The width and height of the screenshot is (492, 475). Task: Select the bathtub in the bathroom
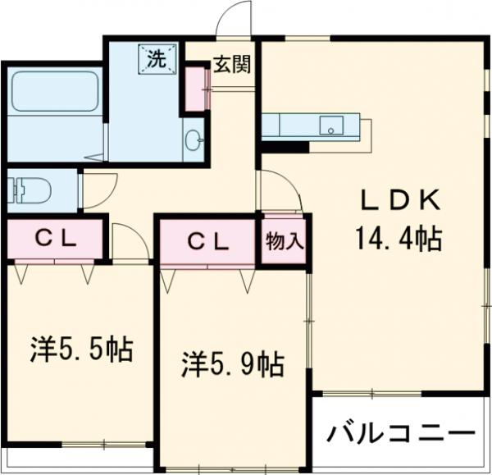[53, 92]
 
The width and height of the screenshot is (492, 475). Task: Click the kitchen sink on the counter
[332, 127]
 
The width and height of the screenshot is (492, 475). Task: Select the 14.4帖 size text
[398, 240]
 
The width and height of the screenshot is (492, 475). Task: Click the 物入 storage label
[285, 241]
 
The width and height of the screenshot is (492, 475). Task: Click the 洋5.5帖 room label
[81, 350]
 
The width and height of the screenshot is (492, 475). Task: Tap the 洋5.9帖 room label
[232, 363]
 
